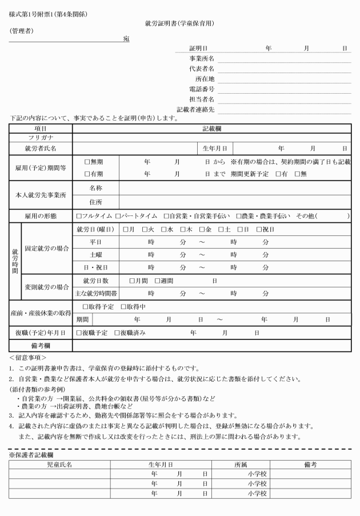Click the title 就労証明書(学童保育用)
pos(180,24)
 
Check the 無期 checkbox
pos(87,162)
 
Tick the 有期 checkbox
pos(87,174)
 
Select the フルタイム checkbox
pos(79,217)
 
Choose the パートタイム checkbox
pos(118,217)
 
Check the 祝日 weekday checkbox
pos(259,230)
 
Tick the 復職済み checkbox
pos(117,333)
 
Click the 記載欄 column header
pos(211,129)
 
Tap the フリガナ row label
pos(41,138)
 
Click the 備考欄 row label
pos(41,345)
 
